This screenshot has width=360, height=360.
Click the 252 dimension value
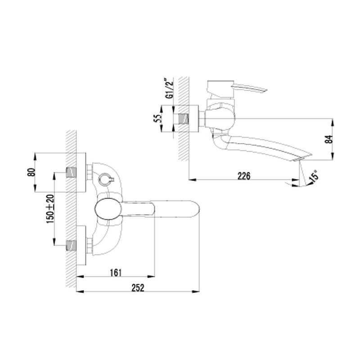pos(138,288)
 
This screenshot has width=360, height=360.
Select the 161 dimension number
pos(115,273)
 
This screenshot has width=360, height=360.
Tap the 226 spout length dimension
pos(243,176)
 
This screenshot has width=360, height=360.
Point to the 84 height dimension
pos(329,139)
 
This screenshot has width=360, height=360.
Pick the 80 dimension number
pos(31,172)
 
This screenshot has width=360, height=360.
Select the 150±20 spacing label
pos(50,209)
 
